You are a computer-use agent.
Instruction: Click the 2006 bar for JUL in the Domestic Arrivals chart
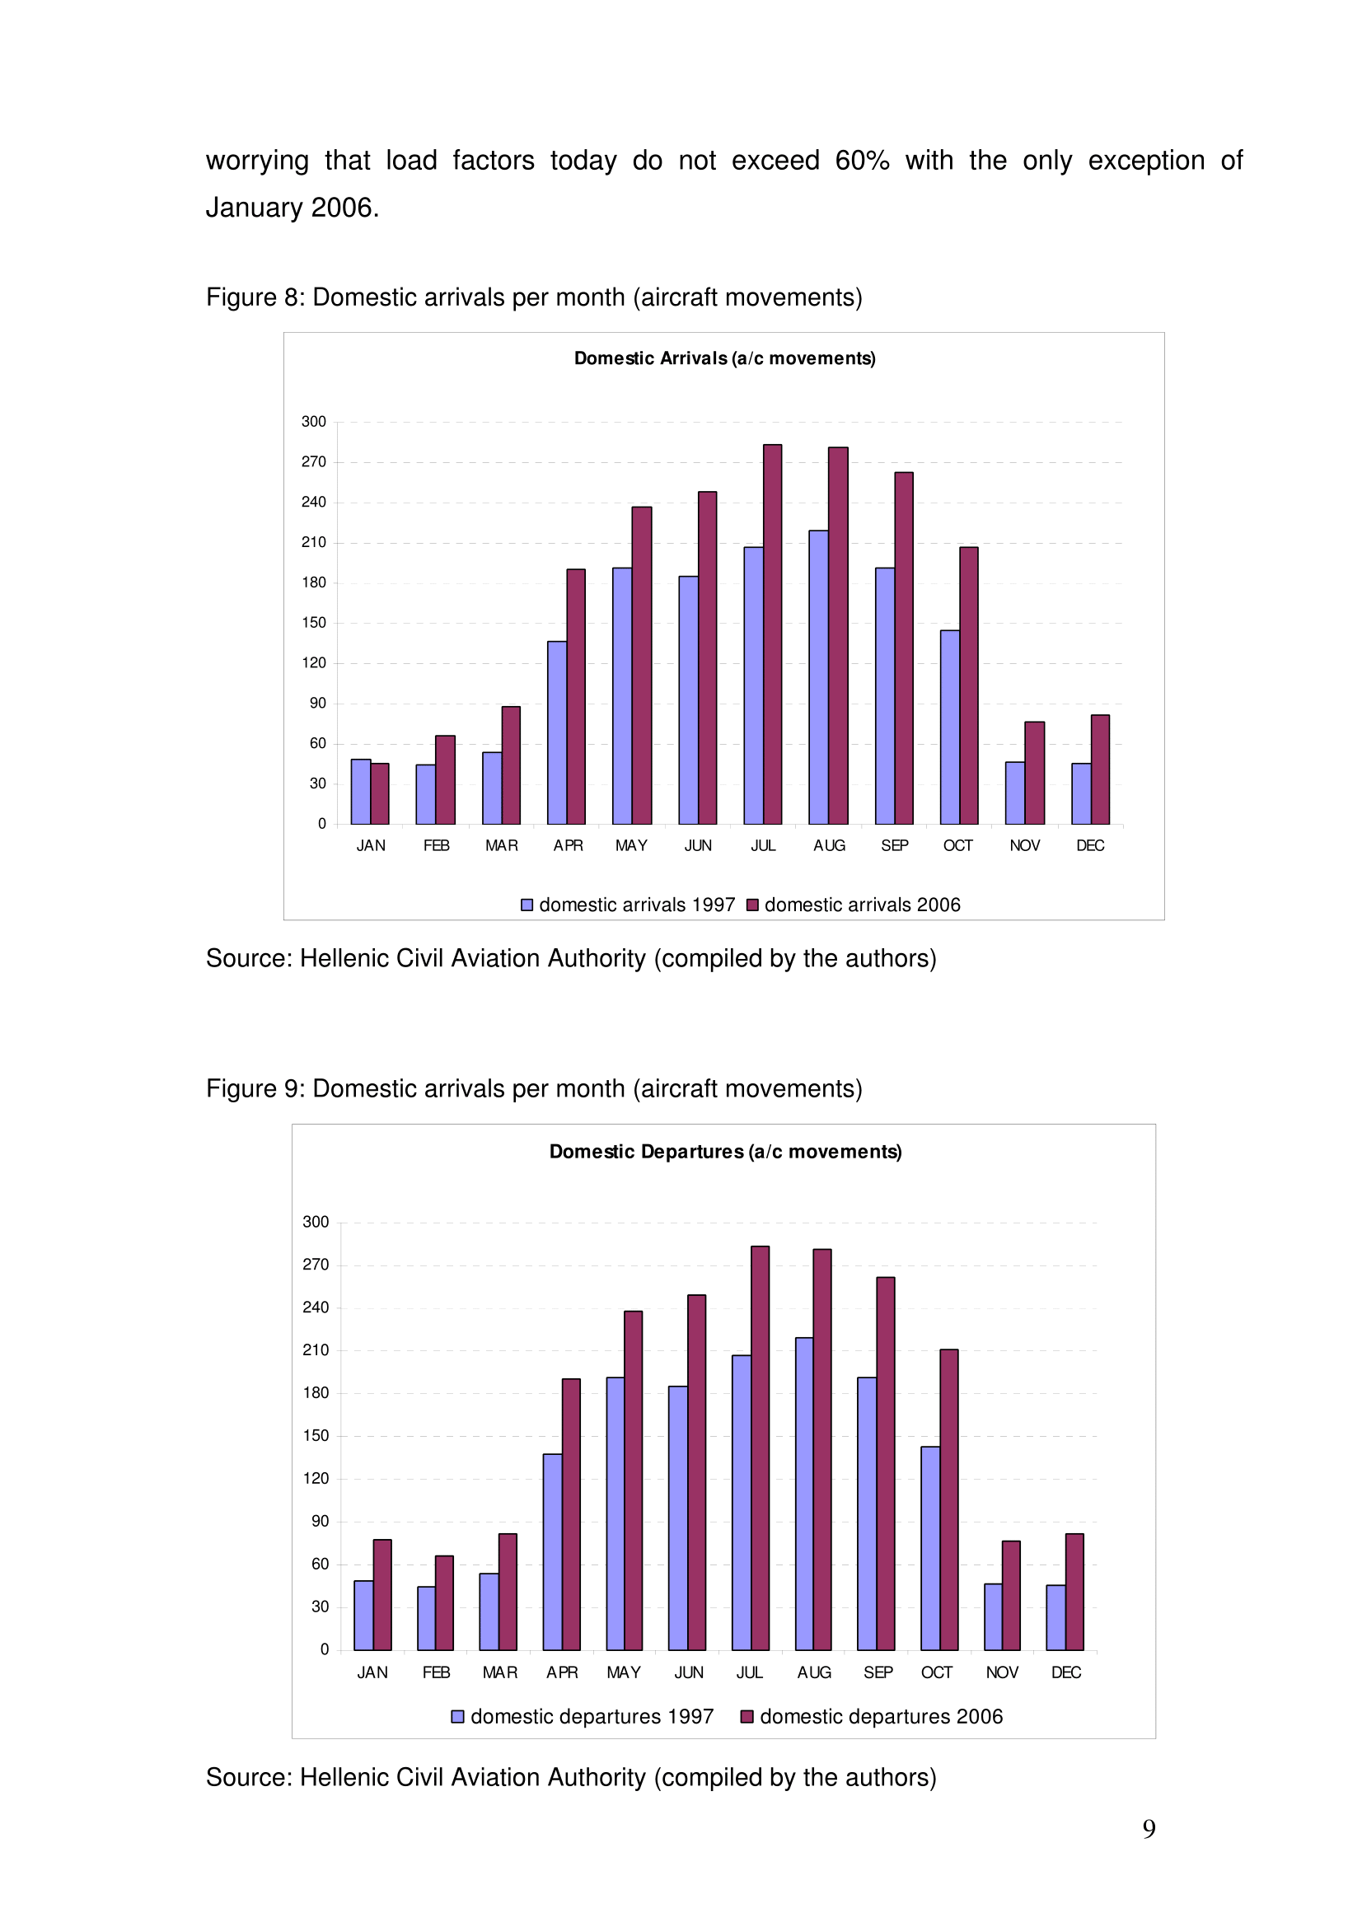(x=772, y=634)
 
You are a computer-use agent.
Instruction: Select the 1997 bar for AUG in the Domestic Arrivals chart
(x=818, y=676)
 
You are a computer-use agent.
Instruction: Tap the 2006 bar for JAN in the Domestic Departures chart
(x=381, y=1595)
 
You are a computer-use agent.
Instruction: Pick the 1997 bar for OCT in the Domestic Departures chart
(x=929, y=1549)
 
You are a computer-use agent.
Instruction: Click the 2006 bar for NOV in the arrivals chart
(x=1034, y=772)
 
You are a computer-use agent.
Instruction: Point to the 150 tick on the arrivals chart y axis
(x=314, y=623)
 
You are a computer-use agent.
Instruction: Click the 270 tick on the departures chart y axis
(x=316, y=1265)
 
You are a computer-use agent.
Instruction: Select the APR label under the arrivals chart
(x=569, y=845)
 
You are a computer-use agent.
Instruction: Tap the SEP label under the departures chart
(x=878, y=1672)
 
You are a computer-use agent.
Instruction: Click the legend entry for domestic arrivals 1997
(x=628, y=905)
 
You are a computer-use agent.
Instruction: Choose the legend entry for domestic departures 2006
(x=872, y=1716)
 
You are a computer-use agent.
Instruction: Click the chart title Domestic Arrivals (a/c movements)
(x=725, y=358)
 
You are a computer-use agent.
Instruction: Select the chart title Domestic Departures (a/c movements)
(x=726, y=1152)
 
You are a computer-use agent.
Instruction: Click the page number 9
(x=1149, y=1828)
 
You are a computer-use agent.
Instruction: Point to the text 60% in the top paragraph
(x=862, y=161)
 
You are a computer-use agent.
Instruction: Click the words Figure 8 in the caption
(x=252, y=297)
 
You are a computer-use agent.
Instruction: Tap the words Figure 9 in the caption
(x=252, y=1088)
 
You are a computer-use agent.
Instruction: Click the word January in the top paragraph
(x=255, y=208)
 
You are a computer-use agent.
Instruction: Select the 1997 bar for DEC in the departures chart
(x=1055, y=1617)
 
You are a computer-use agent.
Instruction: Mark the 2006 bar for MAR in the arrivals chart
(x=511, y=765)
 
